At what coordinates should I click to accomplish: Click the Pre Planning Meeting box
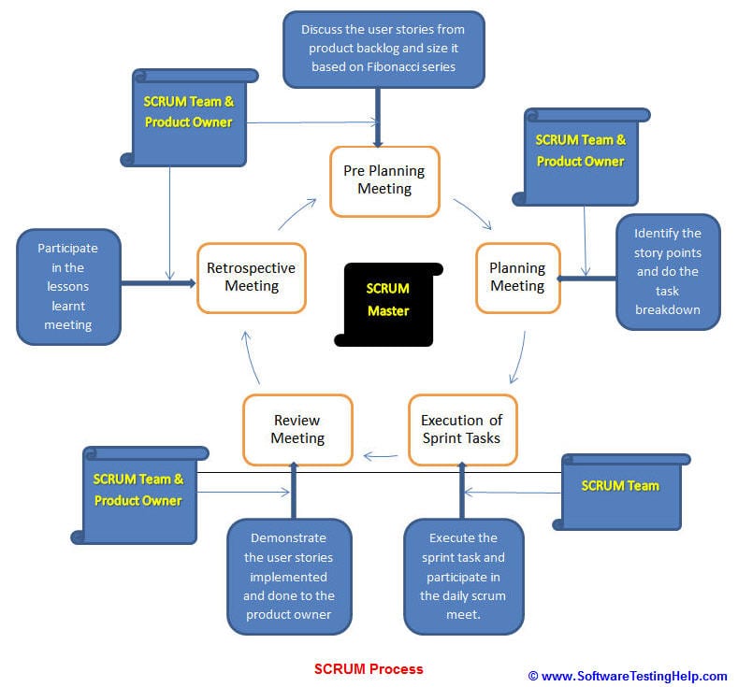click(384, 179)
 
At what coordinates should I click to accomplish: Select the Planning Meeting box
click(517, 278)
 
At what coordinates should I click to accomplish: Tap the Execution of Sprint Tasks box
click(461, 429)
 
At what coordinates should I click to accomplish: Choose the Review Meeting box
click(297, 429)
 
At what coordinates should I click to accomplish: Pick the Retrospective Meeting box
click(251, 278)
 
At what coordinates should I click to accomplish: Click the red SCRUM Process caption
click(369, 668)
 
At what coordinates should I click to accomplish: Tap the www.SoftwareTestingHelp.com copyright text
click(628, 676)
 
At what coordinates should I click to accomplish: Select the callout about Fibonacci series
click(383, 49)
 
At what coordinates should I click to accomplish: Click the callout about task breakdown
click(668, 272)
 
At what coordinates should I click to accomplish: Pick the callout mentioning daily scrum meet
click(463, 576)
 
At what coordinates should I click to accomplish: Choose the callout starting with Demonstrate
click(290, 576)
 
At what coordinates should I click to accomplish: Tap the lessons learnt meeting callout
click(68, 287)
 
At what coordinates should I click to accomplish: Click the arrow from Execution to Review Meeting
click(381, 456)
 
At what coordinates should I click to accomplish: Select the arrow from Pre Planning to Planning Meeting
click(473, 213)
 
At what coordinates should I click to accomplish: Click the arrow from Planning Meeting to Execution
click(517, 360)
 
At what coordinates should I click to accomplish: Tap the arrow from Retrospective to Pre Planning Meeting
click(297, 215)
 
